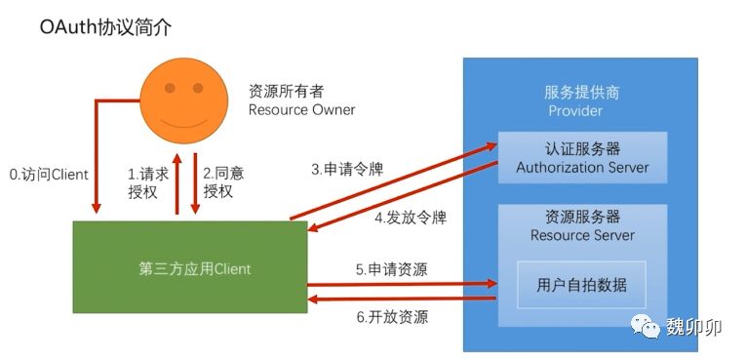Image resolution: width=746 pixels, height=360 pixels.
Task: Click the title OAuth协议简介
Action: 105,27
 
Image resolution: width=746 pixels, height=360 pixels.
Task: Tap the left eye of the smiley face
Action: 170,88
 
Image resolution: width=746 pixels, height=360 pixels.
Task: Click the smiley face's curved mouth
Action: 183,123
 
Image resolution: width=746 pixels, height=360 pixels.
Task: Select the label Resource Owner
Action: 301,110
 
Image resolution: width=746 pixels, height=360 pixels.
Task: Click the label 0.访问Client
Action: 49,175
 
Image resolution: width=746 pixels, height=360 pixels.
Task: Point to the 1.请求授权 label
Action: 148,182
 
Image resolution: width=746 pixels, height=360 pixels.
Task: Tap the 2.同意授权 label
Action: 223,181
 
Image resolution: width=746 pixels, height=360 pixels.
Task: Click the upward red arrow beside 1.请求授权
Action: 177,183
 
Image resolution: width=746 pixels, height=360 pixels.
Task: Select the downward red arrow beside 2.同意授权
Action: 195,183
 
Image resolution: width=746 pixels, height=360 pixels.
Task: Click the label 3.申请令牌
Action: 347,170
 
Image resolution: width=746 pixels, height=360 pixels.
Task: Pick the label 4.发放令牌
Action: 411,218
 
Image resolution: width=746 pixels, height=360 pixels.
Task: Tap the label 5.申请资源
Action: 392,269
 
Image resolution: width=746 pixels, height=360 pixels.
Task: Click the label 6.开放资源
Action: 392,317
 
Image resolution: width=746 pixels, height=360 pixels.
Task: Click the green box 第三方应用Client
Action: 190,266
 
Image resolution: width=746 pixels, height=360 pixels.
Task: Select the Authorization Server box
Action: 582,158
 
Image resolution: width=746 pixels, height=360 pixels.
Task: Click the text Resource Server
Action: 582,235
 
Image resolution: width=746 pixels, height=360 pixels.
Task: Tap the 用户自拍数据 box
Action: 581,285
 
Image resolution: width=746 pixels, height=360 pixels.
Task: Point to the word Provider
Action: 575,111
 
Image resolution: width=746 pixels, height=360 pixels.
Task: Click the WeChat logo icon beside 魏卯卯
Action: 646,327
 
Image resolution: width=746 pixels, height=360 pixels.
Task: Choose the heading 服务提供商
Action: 581,92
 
